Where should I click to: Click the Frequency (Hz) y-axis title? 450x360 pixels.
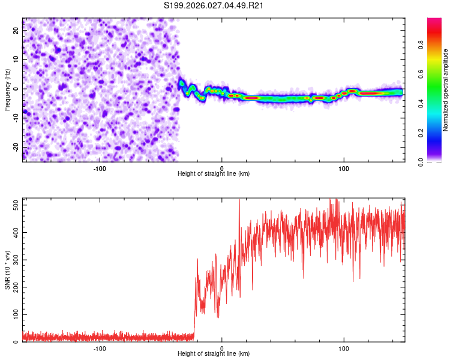coord(7,90)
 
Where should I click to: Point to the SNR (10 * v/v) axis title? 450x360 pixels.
coord(7,270)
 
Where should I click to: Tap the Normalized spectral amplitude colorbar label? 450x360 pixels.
coord(446,90)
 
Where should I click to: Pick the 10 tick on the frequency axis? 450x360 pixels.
coord(16,60)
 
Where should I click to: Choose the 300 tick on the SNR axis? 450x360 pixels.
coord(16,259)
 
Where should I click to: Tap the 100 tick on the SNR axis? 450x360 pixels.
coord(16,314)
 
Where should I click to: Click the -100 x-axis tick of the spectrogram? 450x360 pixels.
coord(100,167)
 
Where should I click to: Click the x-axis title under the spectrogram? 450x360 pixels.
coord(214,173)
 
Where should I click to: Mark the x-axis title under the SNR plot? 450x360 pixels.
coord(214,354)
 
